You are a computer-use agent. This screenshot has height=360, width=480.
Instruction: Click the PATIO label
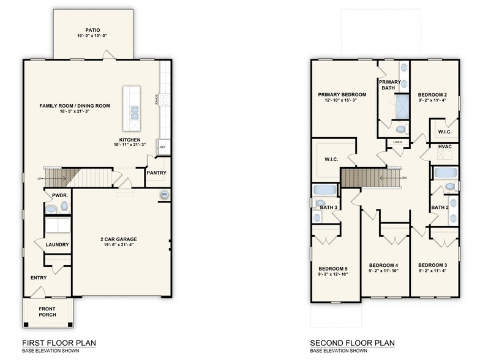(x=92, y=28)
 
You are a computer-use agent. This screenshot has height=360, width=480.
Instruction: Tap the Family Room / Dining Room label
(x=75, y=106)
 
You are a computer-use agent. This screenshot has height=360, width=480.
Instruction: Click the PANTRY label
(x=156, y=173)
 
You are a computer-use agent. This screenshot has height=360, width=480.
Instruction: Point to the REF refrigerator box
(x=162, y=147)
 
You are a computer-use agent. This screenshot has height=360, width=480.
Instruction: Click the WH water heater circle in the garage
(x=164, y=195)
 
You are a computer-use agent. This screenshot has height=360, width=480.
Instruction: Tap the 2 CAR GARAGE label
(x=119, y=238)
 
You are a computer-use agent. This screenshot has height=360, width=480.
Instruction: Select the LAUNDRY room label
(x=57, y=245)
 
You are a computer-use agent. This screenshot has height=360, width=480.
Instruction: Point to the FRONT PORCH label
(x=47, y=311)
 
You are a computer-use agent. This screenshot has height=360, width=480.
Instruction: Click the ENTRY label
(x=39, y=278)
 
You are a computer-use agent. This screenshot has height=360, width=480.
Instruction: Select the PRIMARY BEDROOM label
(x=342, y=94)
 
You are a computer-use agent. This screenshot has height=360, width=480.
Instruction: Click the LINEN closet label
(x=397, y=142)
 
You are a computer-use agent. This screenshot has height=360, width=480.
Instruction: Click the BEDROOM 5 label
(x=332, y=268)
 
